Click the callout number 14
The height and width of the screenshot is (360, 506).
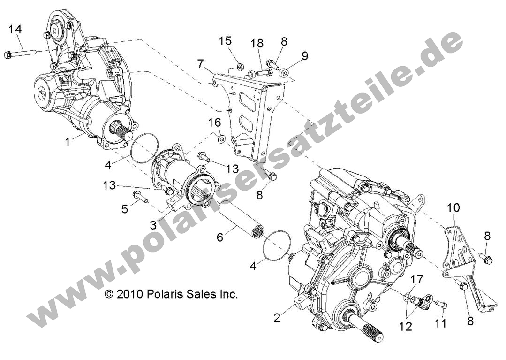pos(15,30)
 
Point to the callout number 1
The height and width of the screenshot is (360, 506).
pos(68,141)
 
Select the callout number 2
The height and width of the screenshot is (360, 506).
pos(277,318)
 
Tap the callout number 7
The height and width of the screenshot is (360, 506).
pos(200,63)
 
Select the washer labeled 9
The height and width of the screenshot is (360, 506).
pos(284,73)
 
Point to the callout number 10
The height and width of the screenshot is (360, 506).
pos(453,207)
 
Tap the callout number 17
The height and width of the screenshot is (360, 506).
pos(416,280)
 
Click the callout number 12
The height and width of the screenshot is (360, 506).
pos(406,326)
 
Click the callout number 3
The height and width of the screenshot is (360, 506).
pos(153,225)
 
